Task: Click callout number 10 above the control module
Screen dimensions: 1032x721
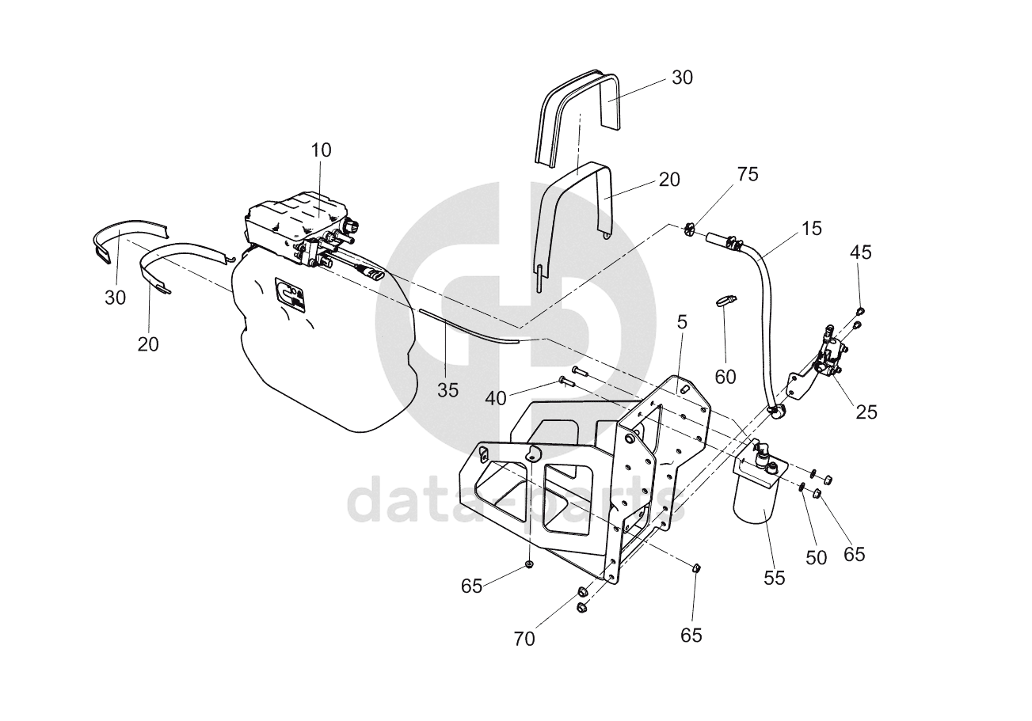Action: pyautogui.click(x=321, y=150)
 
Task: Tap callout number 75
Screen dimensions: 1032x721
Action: pyautogui.click(x=748, y=174)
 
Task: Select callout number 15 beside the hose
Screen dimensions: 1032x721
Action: pyautogui.click(x=812, y=229)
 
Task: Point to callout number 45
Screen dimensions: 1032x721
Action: pyautogui.click(x=861, y=252)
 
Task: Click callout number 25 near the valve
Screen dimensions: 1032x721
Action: pyautogui.click(x=866, y=412)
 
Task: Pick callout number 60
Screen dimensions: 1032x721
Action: pyautogui.click(x=725, y=377)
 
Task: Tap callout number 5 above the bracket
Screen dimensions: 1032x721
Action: pyautogui.click(x=682, y=323)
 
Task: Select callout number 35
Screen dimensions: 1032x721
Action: pyautogui.click(x=447, y=390)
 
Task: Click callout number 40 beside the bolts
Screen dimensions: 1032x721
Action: pyautogui.click(x=496, y=399)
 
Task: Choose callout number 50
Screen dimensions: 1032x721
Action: pyautogui.click(x=817, y=558)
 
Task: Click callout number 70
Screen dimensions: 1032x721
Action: pyautogui.click(x=524, y=639)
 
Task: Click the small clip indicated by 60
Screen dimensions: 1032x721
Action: pyautogui.click(x=724, y=300)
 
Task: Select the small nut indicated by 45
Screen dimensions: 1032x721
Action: pyautogui.click(x=859, y=312)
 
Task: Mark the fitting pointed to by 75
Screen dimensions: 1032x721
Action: pyautogui.click(x=689, y=229)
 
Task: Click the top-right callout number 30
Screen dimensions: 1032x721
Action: pyautogui.click(x=682, y=78)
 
